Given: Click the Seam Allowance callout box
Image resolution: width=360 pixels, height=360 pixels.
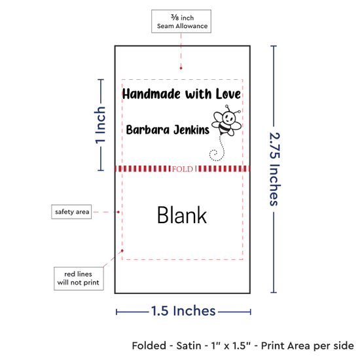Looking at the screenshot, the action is point(181,22).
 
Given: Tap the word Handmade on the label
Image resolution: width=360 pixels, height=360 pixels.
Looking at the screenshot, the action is point(151,94).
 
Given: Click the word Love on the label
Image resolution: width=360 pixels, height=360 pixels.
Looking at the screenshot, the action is point(228,94).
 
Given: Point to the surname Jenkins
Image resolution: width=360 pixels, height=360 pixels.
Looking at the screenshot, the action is point(191,130).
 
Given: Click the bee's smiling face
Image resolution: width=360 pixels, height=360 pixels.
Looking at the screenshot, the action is point(228,118).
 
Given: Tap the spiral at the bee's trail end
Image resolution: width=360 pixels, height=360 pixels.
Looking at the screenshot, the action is point(215,155).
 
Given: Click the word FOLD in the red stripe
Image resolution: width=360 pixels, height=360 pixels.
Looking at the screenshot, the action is point(183,170).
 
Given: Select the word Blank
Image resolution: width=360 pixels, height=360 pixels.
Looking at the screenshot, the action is point(182,215).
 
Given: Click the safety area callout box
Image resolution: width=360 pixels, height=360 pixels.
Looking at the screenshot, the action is point(71,211).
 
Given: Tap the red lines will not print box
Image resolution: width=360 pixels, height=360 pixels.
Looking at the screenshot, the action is point(79,278).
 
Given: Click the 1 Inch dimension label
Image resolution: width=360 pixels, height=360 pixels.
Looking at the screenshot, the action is point(100,125).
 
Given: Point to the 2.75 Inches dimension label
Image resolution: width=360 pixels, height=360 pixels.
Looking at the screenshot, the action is point(274,169).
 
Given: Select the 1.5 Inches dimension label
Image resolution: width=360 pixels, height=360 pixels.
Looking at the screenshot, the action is point(183,311).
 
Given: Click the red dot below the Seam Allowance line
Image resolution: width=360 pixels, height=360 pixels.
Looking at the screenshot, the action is point(181,68).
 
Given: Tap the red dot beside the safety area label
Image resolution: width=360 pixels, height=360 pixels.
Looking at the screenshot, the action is point(118,212).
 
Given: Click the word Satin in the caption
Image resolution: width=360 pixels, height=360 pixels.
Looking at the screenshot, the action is point(189,346).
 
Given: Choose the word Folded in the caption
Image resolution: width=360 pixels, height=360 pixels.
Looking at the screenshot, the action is point(149,346).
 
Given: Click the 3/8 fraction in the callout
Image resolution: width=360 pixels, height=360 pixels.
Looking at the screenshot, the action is point(175,17).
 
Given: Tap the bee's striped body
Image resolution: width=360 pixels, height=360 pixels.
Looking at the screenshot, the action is point(225,129).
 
